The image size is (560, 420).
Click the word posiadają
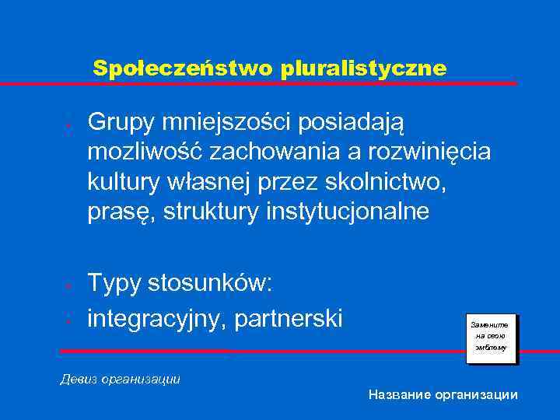(x=368, y=122)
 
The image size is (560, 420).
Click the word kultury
(x=124, y=181)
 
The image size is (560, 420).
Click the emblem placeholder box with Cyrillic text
(x=489, y=336)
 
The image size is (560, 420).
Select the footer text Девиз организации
(x=121, y=380)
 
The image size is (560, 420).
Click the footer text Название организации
(x=443, y=395)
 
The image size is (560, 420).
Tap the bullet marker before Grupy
(x=69, y=124)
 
